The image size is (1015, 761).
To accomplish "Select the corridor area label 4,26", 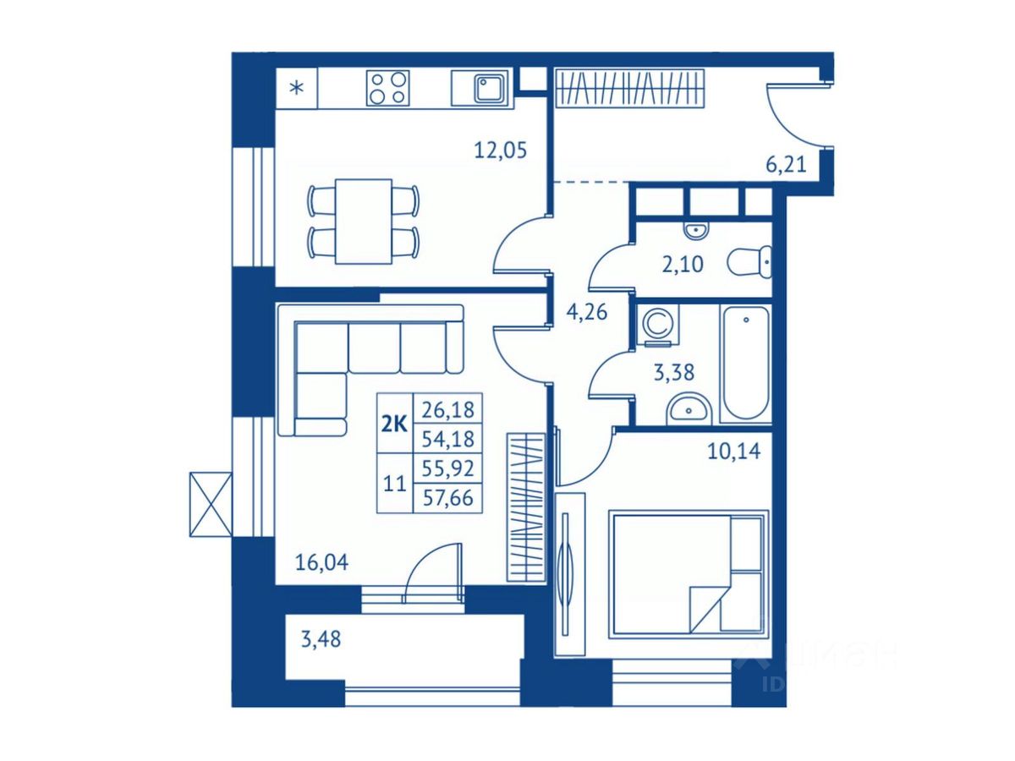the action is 586,313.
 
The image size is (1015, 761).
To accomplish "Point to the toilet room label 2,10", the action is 681,265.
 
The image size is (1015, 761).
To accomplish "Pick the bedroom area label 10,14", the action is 733,451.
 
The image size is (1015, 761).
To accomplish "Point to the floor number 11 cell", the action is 393,484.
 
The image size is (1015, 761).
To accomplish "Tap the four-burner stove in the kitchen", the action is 387,87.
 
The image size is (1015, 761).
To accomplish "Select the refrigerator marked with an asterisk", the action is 297,88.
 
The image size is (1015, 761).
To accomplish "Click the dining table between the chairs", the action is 363,221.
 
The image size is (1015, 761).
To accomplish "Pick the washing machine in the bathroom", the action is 656,324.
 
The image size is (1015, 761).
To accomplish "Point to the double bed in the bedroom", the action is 687,572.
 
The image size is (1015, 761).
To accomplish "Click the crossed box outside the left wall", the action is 210,504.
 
